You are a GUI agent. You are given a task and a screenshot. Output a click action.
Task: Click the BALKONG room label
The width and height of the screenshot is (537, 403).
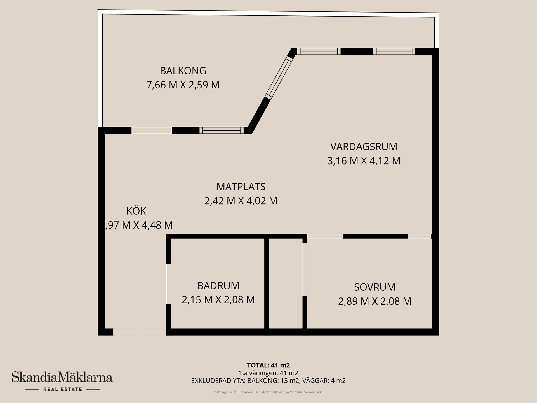pos(183,71)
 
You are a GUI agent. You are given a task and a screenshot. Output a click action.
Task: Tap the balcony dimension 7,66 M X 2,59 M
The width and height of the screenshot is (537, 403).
pos(183,85)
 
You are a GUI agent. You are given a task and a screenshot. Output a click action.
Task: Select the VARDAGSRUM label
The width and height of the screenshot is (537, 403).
pos(364,147)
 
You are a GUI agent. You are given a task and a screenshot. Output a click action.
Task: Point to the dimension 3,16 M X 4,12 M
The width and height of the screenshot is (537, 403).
pos(364,161)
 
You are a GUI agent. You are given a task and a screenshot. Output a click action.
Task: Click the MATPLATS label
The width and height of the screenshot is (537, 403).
pos(241,187)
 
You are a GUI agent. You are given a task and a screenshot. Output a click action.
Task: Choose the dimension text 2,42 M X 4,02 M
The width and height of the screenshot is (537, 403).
pos(241,201)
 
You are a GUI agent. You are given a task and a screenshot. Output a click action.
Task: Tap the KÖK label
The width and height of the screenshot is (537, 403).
pos(136,211)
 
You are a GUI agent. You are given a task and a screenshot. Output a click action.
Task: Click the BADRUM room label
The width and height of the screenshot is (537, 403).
pos(218,286)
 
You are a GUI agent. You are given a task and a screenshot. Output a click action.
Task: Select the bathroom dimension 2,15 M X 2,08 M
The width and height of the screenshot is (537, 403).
pos(218,300)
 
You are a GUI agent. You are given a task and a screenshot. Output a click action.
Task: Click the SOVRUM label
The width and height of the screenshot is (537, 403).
pos(375,287)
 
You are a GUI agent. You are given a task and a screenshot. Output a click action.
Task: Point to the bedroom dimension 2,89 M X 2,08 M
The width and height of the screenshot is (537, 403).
pos(375,301)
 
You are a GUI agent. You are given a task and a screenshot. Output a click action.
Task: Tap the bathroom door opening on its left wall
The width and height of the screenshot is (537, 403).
pos(169,284)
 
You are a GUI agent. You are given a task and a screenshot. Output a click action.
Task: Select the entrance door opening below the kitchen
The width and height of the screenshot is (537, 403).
pos(140,332)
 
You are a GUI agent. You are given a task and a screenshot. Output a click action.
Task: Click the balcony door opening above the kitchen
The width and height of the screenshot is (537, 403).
pos(152,130)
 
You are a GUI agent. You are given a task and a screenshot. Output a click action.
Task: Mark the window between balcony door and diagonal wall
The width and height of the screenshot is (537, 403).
pos(222,130)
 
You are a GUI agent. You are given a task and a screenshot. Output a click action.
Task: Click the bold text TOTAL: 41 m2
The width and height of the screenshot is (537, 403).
pos(268,365)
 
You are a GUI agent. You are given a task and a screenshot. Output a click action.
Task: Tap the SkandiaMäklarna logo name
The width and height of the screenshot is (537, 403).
pos(62,377)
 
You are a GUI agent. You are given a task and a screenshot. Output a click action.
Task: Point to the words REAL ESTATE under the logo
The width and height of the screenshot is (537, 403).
pos(63,389)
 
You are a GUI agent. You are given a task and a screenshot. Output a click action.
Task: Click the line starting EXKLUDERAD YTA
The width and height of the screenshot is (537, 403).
pos(268,381)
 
